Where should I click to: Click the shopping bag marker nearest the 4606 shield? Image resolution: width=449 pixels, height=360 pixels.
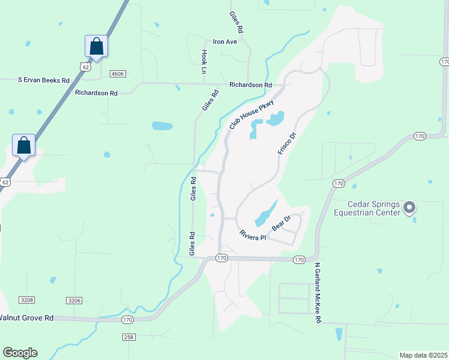coord(96,46)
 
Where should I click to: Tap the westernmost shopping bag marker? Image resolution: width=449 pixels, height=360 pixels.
coord(23,145)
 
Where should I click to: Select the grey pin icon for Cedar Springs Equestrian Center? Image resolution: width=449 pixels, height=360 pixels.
coord(409,208)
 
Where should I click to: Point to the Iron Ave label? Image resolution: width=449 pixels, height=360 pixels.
coord(225,42)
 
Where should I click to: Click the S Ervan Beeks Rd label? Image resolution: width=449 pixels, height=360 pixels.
coord(43,80)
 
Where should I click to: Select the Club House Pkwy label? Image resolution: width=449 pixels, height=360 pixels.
coord(252,115)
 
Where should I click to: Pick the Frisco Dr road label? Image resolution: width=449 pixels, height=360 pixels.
coord(288,144)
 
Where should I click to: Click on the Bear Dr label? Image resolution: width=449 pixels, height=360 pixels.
coord(281,223)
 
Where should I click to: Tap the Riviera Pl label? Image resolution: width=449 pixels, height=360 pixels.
coord(252,236)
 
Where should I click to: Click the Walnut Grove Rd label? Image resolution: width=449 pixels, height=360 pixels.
coord(26,317)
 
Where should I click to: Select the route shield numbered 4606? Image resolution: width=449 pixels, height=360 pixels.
coord(118,73)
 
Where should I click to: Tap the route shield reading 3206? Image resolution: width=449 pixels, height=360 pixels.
coord(74,300)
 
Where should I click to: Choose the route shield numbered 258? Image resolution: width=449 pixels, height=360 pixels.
coord(128,337)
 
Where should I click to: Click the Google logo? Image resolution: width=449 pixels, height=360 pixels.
coord(20,352)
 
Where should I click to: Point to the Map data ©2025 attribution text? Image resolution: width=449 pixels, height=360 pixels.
coord(423,355)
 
